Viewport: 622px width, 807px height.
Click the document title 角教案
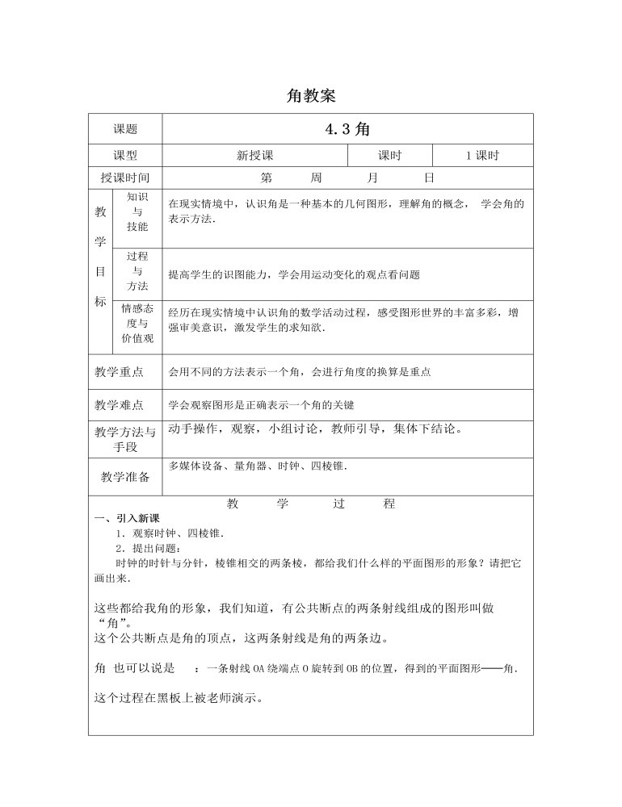(311, 96)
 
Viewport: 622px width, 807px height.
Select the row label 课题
(125, 129)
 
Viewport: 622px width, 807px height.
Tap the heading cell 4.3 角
(347, 129)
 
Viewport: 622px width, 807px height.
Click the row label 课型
(125, 156)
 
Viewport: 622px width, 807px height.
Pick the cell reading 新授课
(254, 156)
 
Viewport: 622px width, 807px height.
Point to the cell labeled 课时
(389, 156)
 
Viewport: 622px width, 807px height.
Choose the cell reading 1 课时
(482, 156)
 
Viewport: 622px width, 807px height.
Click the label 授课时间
(125, 178)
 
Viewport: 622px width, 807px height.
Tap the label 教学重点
(125, 372)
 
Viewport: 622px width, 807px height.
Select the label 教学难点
(125, 405)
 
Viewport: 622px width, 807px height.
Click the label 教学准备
(125, 477)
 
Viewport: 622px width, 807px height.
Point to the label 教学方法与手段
(125, 438)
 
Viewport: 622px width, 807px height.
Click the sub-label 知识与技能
(137, 211)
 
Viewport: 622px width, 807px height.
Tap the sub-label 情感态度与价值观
(137, 323)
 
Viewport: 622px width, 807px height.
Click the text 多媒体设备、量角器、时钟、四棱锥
(258, 466)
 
